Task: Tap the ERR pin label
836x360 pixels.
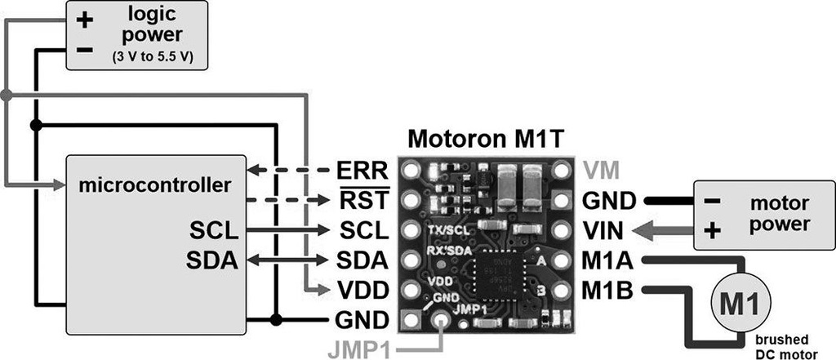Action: (x=356, y=171)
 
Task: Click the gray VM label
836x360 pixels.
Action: (x=603, y=171)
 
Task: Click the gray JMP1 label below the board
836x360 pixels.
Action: (x=358, y=349)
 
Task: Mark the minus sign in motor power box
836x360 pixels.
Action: (x=711, y=200)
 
